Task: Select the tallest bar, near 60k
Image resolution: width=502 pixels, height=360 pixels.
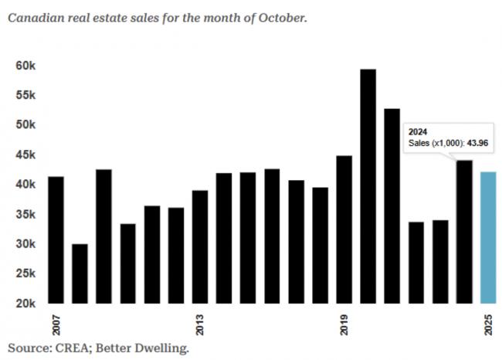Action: pyautogui.click(x=368, y=186)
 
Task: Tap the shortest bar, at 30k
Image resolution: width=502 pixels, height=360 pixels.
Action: pyautogui.click(x=80, y=273)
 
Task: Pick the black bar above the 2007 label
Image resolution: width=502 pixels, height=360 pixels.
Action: pyautogui.click(x=56, y=240)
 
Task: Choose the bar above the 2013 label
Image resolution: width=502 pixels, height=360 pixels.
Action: pyautogui.click(x=200, y=246)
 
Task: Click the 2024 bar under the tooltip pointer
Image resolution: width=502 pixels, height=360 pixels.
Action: pyautogui.click(x=464, y=232)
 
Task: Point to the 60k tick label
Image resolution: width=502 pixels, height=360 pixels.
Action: pyautogui.click(x=25, y=66)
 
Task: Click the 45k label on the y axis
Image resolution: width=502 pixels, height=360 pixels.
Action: pyautogui.click(x=25, y=155)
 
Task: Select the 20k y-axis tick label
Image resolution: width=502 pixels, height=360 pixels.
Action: pyautogui.click(x=25, y=304)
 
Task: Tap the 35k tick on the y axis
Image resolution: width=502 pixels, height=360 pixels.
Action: pyautogui.click(x=25, y=215)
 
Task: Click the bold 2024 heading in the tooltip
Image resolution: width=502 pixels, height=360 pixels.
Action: pyautogui.click(x=419, y=132)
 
